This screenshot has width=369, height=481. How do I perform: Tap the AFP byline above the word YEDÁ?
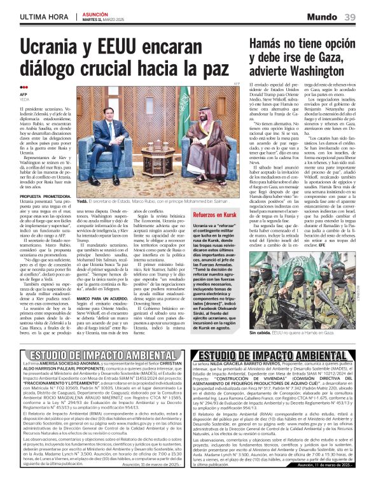(24, 94)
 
